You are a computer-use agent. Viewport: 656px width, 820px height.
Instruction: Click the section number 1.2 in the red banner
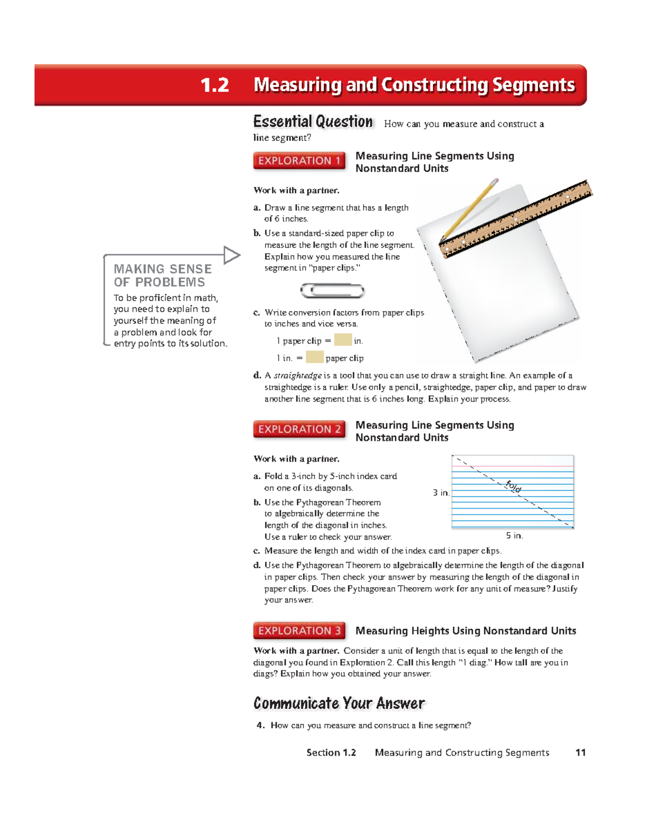pos(214,85)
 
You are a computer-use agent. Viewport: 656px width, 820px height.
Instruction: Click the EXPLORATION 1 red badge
pos(299,161)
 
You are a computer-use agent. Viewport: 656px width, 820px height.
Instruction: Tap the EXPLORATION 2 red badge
pos(299,429)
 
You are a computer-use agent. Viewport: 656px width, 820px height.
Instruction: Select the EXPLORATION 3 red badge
pos(299,630)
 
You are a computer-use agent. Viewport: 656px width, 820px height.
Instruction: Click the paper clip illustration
pos(332,291)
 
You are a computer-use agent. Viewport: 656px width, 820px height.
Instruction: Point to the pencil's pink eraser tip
pos(495,181)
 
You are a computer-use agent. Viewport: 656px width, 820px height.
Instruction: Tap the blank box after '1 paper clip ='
pos(343,340)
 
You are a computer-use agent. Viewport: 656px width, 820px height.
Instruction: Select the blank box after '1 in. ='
pos(314,357)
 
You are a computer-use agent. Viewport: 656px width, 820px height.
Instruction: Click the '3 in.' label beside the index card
pos(441,493)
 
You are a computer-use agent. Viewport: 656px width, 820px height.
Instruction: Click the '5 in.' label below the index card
pos(514,536)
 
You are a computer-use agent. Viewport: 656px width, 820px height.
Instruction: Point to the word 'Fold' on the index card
pos(513,486)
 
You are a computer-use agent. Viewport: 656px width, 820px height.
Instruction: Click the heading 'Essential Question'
pos(313,121)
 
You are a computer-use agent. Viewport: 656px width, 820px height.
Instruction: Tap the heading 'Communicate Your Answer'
pos(339,703)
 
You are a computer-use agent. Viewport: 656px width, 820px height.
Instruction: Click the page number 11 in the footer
pos(580,753)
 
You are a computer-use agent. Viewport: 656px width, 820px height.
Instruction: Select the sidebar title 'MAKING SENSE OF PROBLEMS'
pos(162,275)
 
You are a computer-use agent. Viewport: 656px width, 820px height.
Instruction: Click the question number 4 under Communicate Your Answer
pos(260,725)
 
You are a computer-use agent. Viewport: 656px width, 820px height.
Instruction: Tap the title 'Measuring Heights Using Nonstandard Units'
pos(465,631)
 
